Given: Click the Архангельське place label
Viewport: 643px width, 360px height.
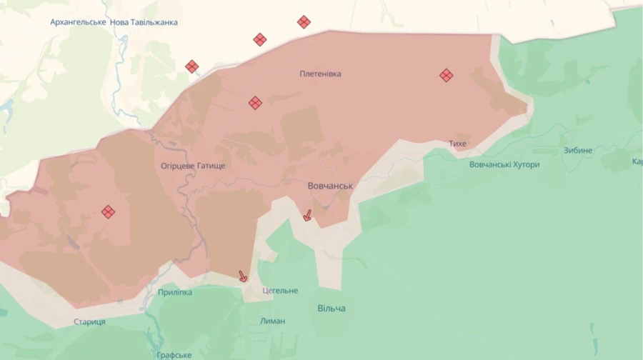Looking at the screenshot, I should pos(79,22).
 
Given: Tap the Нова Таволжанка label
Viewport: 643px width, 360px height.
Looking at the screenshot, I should pos(144,22).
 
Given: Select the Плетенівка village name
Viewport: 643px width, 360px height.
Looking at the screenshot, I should pos(320,74).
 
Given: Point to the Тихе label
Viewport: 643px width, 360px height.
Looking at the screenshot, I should pos(457,144).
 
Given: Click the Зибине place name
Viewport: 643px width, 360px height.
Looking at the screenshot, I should pos(577,150).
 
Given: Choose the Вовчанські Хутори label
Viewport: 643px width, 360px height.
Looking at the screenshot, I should pos(504,164).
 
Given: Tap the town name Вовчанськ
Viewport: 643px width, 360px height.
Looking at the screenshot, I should pos(330,186).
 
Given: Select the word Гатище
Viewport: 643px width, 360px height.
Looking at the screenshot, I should pos(211,166).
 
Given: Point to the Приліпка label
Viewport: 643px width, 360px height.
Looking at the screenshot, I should pos(175,292).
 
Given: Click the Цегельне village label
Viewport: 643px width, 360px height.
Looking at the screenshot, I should pos(280,291).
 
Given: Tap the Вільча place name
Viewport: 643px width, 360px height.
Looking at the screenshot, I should pos(332,308).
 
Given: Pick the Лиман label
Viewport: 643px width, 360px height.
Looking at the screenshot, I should pos(272,321).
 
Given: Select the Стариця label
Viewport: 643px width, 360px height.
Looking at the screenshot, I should pos(89,321).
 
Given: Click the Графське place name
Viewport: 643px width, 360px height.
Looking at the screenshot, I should pos(174,355).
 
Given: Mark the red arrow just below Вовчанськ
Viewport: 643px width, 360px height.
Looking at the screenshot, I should pos(307,214).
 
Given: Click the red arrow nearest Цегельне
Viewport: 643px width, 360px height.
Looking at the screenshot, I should pos(243,276).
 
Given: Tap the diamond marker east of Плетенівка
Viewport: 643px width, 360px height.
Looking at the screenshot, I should pos(446,75).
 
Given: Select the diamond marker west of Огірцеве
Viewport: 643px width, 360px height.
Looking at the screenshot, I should pos(108,211).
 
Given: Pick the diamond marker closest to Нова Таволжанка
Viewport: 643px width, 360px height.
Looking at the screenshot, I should pos(191,66).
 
